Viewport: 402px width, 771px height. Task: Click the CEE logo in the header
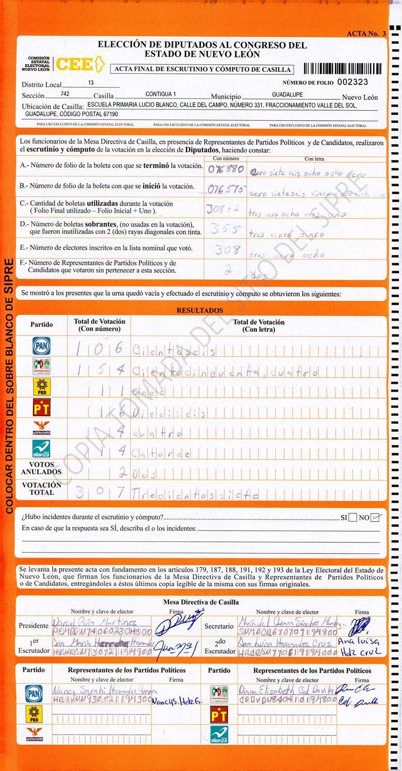tap(78, 64)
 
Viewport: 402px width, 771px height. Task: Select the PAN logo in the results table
tap(41, 346)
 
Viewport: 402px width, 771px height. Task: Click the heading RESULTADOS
tap(200, 311)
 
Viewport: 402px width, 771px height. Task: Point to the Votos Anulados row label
tap(41, 468)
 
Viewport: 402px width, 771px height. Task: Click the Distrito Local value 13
tap(91, 83)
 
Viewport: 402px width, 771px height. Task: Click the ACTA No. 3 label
tap(366, 33)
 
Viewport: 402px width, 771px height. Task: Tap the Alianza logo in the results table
tap(41, 449)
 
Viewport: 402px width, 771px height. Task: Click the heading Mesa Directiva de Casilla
tap(200, 602)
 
